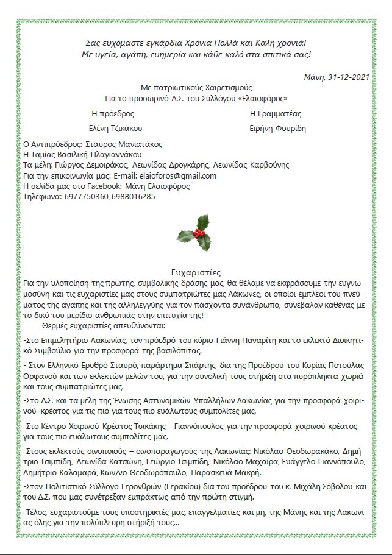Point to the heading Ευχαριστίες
point(196,273)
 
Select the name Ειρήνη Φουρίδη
point(277,128)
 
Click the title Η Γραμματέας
point(276,113)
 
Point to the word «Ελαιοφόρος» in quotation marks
point(263,98)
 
